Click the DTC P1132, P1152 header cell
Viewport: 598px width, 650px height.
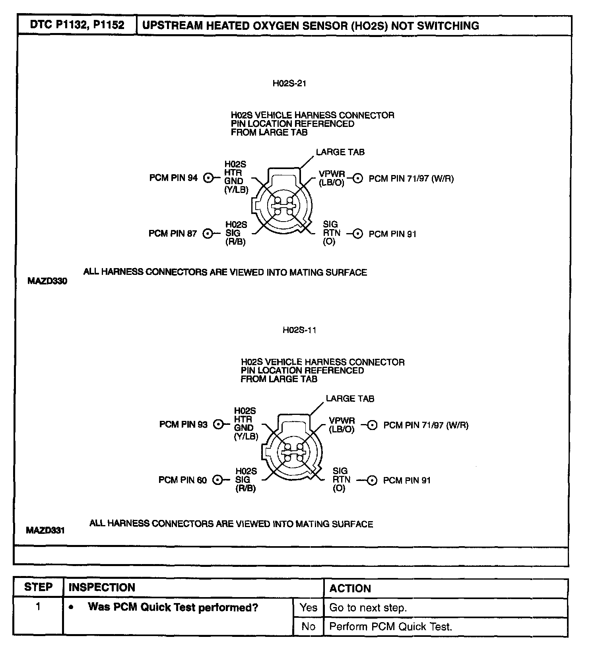[77, 25]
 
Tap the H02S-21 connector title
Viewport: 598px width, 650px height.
[289, 84]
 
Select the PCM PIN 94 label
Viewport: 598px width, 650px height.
[173, 178]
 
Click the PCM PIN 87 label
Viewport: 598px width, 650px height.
[173, 234]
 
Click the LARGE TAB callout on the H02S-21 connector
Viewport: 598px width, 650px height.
[340, 152]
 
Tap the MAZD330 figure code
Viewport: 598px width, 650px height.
[47, 281]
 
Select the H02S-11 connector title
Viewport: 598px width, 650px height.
[299, 330]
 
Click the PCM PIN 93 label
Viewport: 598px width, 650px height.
[183, 424]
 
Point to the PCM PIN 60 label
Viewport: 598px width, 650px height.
[183, 480]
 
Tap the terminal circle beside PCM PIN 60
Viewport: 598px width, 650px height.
[217, 480]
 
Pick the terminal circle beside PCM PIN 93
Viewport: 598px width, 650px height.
[218, 424]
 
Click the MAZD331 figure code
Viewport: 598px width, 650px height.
[45, 530]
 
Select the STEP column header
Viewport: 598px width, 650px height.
[38, 588]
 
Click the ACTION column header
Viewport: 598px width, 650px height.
[350, 588]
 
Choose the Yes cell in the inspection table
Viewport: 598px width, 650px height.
[309, 607]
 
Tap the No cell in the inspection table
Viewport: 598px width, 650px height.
[309, 627]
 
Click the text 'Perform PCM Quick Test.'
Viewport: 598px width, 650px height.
[391, 627]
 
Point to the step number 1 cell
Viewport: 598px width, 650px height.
[38, 607]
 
